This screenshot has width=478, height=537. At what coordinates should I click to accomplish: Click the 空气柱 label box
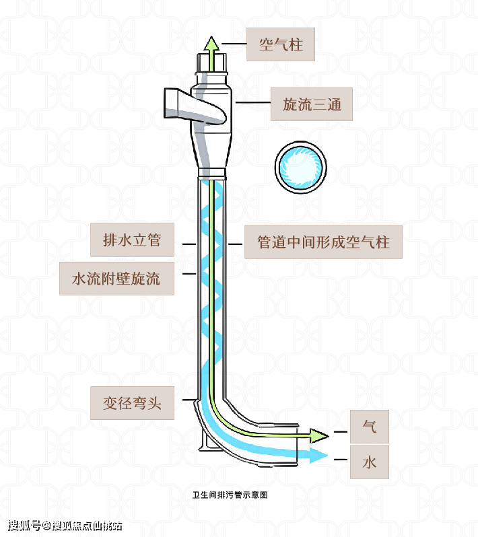[x=280, y=45]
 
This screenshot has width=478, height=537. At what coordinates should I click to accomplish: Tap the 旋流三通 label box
[x=312, y=104]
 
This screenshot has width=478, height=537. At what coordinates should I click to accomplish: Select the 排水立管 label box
[x=132, y=240]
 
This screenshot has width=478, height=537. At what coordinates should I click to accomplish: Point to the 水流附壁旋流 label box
[x=116, y=278]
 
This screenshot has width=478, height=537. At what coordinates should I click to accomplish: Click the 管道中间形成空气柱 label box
[x=323, y=242]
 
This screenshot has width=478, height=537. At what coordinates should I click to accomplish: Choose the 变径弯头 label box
[x=133, y=404]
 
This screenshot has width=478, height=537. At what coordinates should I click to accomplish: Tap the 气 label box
[x=369, y=426]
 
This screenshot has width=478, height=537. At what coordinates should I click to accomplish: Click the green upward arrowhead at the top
[x=211, y=44]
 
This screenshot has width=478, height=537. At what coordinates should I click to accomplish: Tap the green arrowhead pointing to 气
[x=318, y=435]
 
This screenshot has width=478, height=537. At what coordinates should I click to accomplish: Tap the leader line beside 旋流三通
[x=252, y=102]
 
